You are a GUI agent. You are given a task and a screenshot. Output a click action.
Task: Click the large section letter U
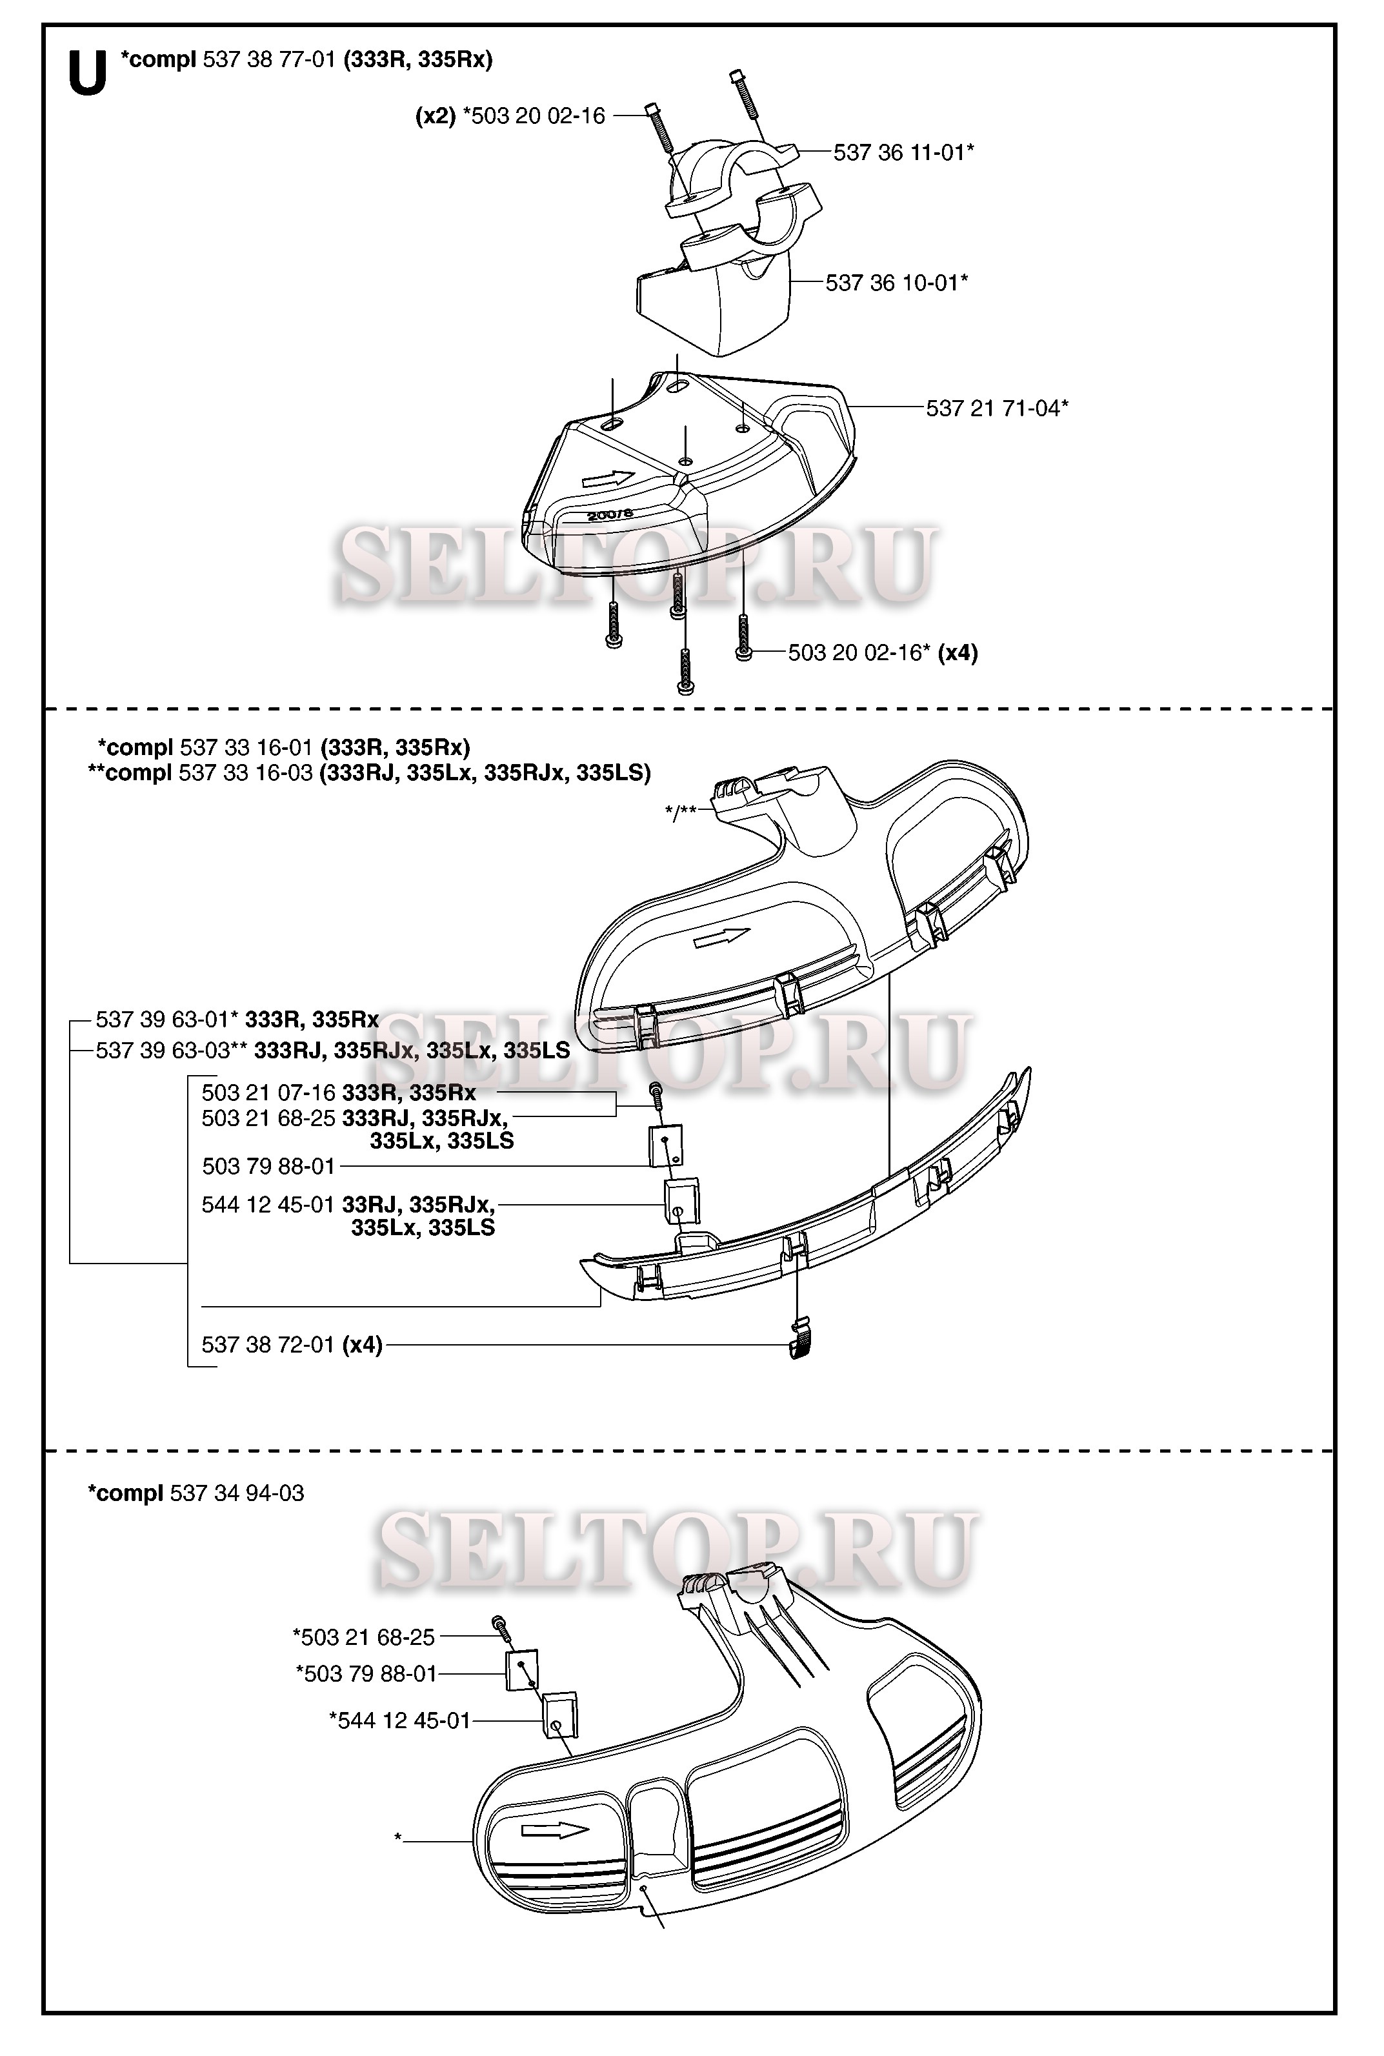click(87, 74)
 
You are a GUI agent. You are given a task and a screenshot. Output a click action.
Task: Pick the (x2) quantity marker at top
click(435, 117)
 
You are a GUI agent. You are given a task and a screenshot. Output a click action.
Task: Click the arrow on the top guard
click(608, 479)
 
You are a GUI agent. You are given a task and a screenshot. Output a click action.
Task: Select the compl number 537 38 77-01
click(269, 60)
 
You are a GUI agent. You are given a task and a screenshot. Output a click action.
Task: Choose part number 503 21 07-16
click(268, 1093)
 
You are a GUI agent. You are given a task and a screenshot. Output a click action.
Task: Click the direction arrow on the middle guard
click(722, 938)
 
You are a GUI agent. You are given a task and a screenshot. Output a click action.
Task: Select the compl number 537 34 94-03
click(237, 1494)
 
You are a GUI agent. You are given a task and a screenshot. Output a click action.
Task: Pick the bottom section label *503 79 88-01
click(366, 1674)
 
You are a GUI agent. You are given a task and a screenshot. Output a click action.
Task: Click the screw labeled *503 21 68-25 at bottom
click(501, 1625)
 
